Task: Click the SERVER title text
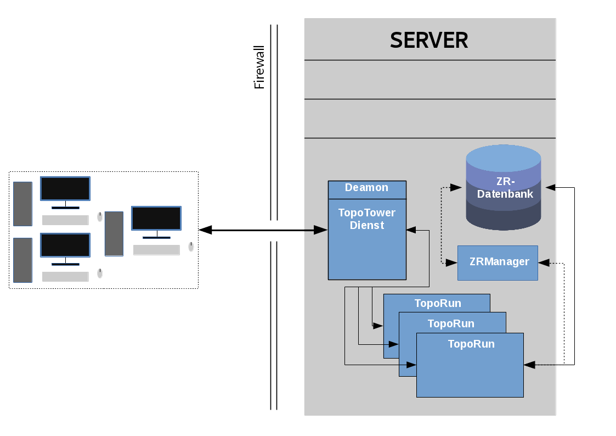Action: click(x=429, y=40)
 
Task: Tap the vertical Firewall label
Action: click(x=259, y=67)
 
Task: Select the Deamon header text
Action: click(x=366, y=188)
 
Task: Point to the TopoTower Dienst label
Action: click(x=366, y=219)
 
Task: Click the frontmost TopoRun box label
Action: click(x=471, y=344)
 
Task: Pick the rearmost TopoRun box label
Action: click(x=438, y=303)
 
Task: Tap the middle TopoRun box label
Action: click(x=451, y=323)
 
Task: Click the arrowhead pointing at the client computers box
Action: click(x=205, y=230)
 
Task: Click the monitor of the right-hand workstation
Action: click(x=156, y=218)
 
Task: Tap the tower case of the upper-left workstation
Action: click(x=23, y=204)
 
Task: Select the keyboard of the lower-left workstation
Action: click(x=65, y=276)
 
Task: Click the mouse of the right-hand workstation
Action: click(x=191, y=247)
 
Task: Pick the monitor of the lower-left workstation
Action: click(x=65, y=245)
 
